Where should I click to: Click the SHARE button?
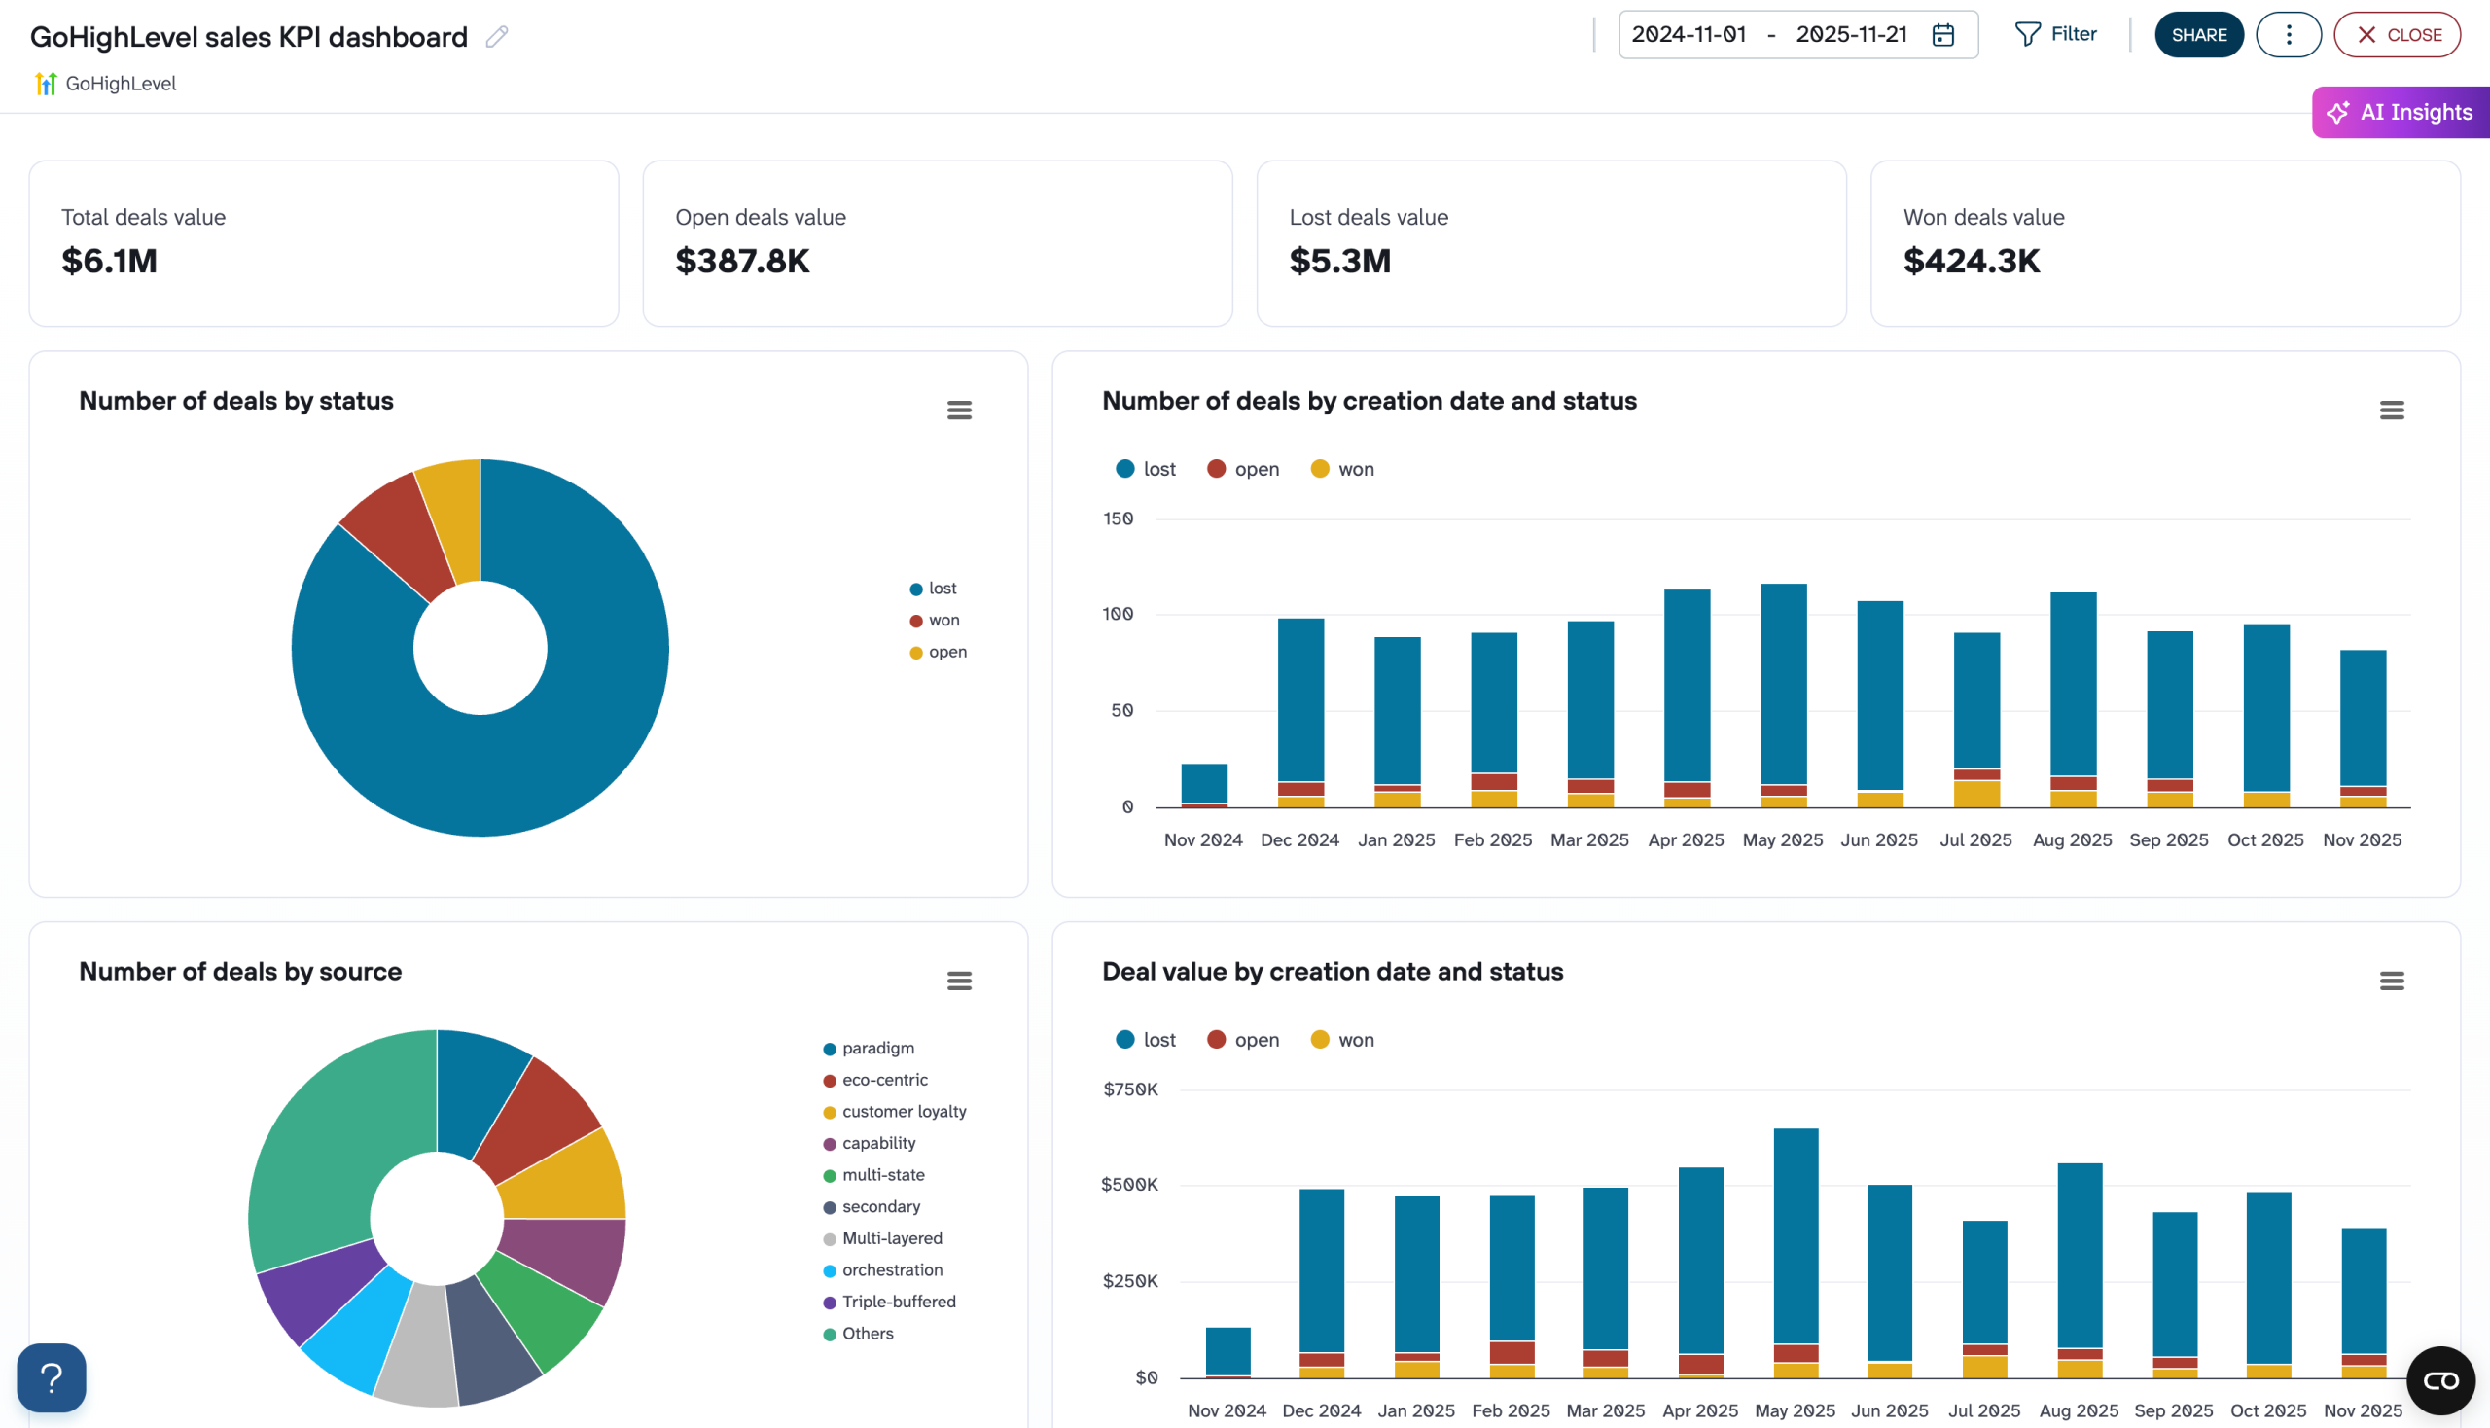(x=2198, y=35)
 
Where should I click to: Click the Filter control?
(x=2055, y=34)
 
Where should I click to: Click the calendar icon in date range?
(x=1942, y=35)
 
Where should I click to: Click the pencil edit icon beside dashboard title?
(x=497, y=37)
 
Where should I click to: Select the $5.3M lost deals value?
(x=1339, y=261)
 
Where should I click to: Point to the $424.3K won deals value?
(x=1972, y=261)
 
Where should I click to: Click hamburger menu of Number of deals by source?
(x=959, y=981)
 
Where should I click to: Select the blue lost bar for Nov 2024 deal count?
(x=1204, y=783)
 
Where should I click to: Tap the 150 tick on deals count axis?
(x=1118, y=518)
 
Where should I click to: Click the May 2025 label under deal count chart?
(x=1782, y=840)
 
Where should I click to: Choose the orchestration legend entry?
(x=891, y=1270)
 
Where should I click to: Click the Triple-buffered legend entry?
(x=898, y=1302)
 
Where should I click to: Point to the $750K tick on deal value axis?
(x=1130, y=1089)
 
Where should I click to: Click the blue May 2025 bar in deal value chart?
(x=1796, y=1235)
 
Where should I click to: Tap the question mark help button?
(x=52, y=1378)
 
